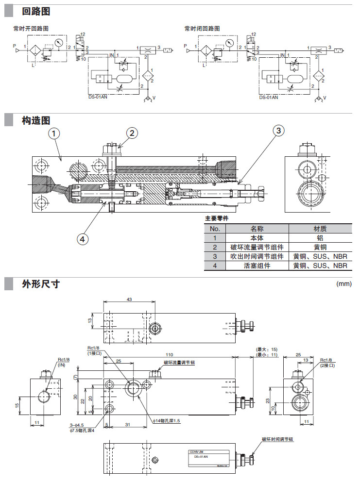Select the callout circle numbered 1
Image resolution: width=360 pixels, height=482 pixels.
(55, 133)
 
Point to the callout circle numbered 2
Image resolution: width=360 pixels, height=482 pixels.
(133, 133)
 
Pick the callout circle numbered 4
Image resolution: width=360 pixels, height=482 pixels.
(83, 238)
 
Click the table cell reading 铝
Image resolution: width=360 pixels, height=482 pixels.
(320, 238)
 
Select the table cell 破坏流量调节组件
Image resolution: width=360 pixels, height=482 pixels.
(257, 247)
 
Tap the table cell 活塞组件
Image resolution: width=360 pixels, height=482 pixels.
(257, 266)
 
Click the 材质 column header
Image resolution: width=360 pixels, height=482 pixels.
(320, 229)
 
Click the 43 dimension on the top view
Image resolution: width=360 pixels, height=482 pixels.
(129, 299)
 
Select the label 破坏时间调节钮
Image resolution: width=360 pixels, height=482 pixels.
(277, 439)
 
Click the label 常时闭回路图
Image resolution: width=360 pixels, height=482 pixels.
(202, 29)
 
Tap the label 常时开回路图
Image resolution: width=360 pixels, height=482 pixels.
(31, 29)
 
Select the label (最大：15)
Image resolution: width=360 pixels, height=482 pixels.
(266, 349)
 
